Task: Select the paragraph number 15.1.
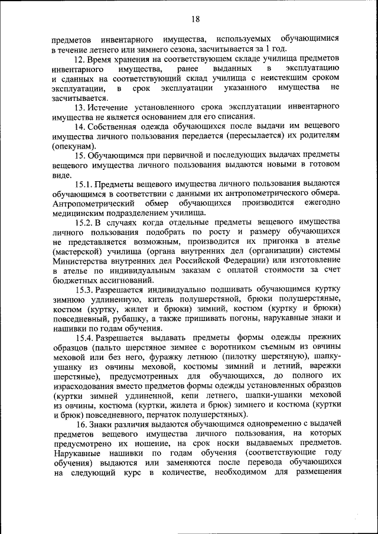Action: pos(83,184)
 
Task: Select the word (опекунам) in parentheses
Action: pos(73,145)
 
